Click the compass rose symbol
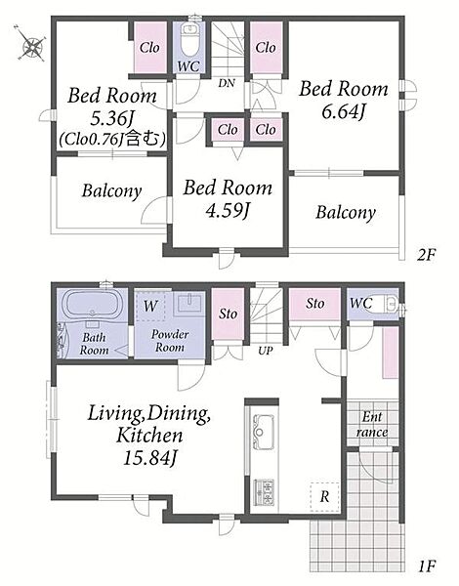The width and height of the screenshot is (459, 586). (x=32, y=43)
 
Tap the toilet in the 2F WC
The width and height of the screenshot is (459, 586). (x=189, y=40)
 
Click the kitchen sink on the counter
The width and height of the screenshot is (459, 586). (x=263, y=432)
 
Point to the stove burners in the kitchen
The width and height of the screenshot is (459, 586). (x=264, y=492)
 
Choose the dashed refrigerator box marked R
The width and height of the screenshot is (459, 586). (x=324, y=497)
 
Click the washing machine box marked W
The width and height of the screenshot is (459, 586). (x=149, y=306)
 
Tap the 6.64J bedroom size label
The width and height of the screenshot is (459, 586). (x=343, y=111)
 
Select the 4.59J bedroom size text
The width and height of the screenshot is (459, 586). (x=228, y=210)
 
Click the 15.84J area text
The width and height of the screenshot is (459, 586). (x=149, y=458)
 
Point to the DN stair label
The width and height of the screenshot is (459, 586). (x=227, y=83)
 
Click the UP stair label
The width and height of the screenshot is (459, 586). (x=266, y=351)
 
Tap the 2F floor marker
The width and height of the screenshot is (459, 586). (x=427, y=255)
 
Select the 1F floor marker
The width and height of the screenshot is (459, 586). (x=427, y=566)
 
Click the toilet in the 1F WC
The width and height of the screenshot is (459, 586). (x=391, y=304)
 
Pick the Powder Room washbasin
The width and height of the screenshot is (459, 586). (x=190, y=303)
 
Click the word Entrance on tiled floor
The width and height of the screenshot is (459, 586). (x=372, y=425)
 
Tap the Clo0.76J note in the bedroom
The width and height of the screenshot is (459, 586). (x=112, y=139)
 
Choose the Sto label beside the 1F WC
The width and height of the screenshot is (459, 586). (x=314, y=303)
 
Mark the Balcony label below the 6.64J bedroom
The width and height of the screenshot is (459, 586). (x=346, y=213)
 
